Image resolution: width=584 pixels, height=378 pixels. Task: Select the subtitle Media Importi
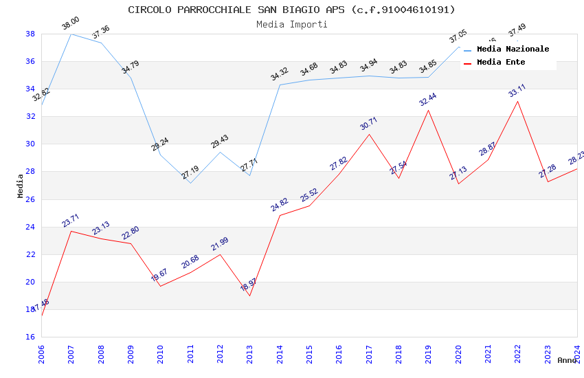[291, 24]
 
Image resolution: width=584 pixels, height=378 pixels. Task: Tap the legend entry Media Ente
[500, 63]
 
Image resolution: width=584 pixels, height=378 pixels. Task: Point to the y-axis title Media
[21, 186]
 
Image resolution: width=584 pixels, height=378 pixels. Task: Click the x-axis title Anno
[567, 360]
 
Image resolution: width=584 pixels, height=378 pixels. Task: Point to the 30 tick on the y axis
[30, 144]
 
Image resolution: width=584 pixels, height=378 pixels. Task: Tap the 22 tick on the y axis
[30, 254]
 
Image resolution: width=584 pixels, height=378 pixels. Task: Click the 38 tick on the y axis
[30, 34]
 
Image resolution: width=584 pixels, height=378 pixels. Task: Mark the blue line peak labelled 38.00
[71, 34]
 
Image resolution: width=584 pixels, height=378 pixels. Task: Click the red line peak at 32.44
[428, 110]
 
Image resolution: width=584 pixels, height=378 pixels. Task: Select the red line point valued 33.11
[517, 101]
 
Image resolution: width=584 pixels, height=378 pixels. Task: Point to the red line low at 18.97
[249, 296]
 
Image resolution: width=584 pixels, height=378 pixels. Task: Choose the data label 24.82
[280, 204]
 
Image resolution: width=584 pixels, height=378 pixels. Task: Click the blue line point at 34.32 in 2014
[280, 85]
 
